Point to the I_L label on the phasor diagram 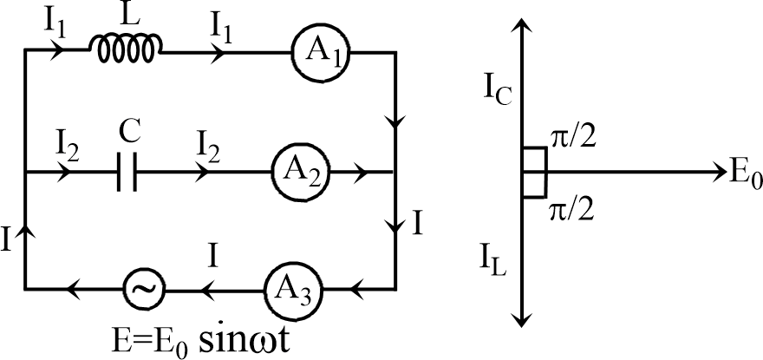(x=495, y=258)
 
